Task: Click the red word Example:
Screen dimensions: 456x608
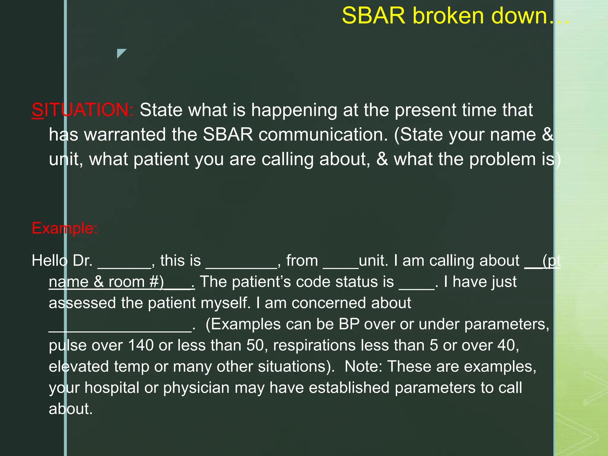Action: pos(64,228)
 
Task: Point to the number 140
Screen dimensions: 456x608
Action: pos(141,345)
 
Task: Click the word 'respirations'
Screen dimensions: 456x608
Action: pos(314,345)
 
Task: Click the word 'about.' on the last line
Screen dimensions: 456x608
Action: pos(71,409)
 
